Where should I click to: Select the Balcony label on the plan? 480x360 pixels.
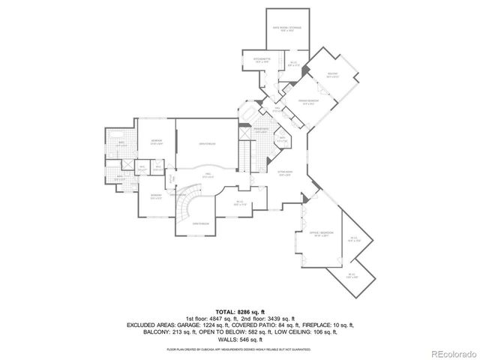pos(333,75)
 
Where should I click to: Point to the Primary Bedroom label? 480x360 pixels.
pos(308,101)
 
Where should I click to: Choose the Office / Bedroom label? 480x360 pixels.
pos(319,235)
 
